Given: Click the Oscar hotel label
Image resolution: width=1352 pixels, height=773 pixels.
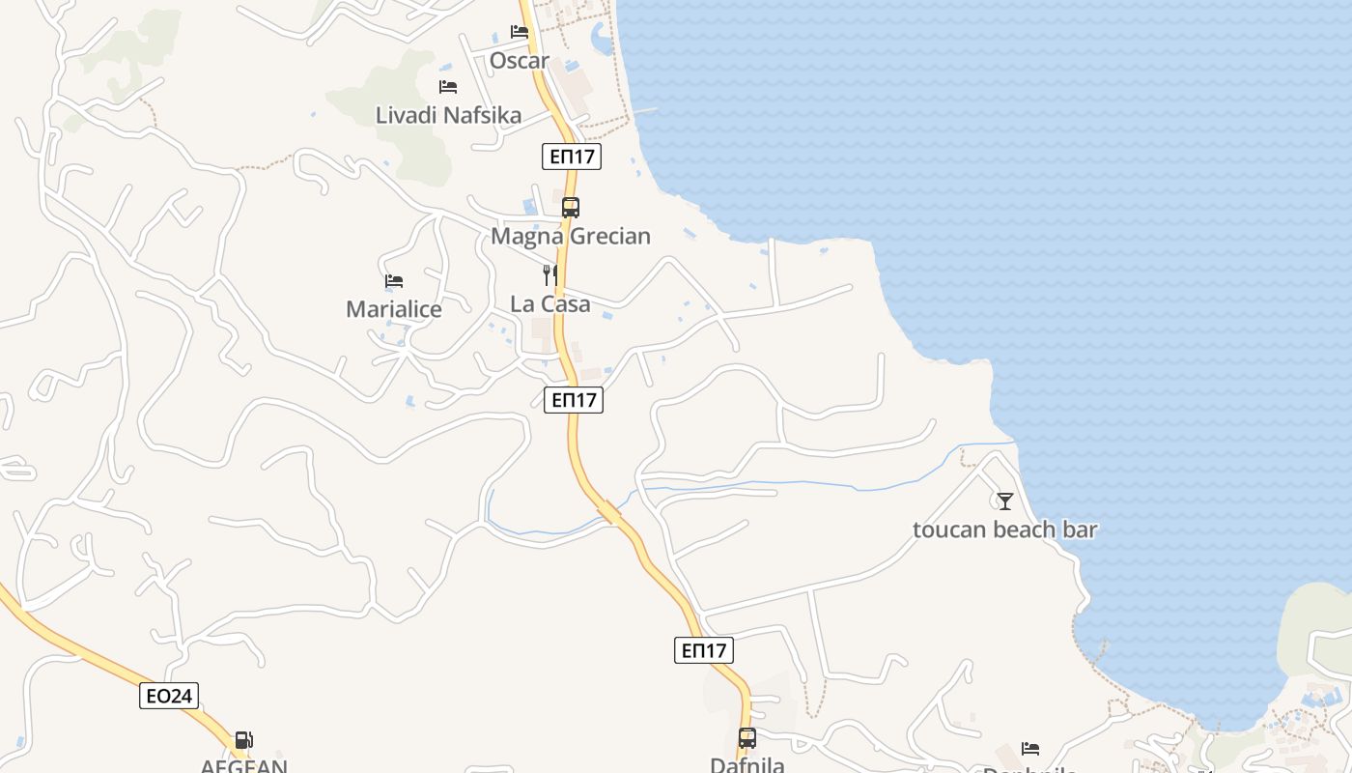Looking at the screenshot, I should click(519, 61).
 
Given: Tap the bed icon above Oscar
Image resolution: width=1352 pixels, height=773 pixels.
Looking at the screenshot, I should click(520, 32).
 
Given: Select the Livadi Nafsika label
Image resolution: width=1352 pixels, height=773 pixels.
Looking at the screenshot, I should click(448, 115).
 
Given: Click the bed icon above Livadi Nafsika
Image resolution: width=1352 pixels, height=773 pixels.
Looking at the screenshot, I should click(448, 86).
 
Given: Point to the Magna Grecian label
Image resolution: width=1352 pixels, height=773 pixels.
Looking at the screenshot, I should click(571, 236).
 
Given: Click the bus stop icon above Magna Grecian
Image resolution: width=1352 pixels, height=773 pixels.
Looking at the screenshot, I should click(571, 207).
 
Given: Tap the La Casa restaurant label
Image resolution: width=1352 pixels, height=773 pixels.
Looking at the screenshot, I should click(550, 303).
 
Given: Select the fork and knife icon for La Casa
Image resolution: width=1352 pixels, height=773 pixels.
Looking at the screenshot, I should click(550, 274).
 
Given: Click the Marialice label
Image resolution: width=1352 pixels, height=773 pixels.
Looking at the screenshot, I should click(394, 309).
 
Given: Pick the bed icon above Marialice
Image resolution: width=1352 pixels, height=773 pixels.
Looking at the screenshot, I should click(394, 281).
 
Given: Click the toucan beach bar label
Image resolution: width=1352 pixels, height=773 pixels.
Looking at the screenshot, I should click(1005, 530).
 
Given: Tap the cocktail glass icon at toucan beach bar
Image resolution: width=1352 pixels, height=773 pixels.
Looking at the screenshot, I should click(1005, 501).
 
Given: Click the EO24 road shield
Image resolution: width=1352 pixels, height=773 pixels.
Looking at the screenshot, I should click(169, 696).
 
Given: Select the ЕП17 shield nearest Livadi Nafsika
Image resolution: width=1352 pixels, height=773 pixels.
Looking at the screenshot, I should click(571, 157).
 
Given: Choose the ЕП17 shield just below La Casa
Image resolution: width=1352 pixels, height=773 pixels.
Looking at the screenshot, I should click(574, 400).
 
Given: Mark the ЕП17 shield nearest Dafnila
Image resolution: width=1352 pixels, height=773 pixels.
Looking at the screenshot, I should click(703, 650).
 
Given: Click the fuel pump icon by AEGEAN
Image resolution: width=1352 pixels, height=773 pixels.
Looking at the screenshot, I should click(244, 740).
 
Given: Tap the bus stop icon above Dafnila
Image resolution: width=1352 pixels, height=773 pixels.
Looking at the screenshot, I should click(747, 738).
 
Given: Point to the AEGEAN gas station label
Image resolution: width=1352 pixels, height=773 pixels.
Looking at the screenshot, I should click(244, 765).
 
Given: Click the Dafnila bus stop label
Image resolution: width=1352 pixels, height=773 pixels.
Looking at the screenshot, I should click(747, 764).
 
